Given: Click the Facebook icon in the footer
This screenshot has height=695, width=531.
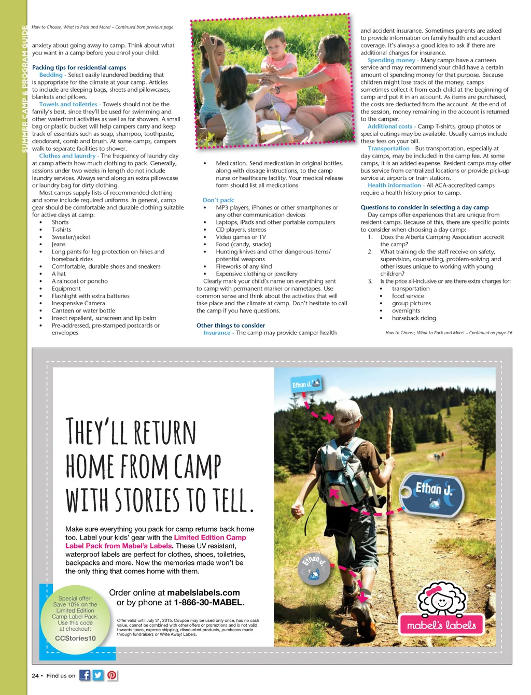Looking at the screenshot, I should point(85,675).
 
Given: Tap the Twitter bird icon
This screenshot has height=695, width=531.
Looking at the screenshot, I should point(98,675).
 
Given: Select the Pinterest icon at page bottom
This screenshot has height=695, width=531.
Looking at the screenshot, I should point(111,675).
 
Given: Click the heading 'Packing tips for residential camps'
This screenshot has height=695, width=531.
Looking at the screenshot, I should point(79,67).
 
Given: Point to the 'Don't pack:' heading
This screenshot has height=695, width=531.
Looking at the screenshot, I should point(218,200).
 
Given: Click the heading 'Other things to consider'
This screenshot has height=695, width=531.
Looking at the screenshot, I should point(230,325).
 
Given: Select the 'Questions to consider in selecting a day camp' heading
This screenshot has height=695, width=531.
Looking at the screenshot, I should point(424,207).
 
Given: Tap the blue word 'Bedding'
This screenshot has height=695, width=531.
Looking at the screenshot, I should point(51,75).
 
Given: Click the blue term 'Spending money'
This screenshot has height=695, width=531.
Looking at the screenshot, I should point(391,60).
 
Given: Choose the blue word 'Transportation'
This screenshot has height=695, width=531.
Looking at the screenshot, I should point(388,148).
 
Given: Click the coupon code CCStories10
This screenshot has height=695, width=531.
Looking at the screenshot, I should point(75,638).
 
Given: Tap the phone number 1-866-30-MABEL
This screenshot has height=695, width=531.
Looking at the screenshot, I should point(208,602).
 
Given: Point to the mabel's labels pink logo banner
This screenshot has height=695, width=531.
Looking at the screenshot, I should point(441,625).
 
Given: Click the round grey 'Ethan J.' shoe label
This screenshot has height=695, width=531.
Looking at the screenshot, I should point(315,568).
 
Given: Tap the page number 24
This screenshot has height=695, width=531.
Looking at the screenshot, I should point(35,675).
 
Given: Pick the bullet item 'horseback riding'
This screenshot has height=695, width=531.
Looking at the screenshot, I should point(414,318).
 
